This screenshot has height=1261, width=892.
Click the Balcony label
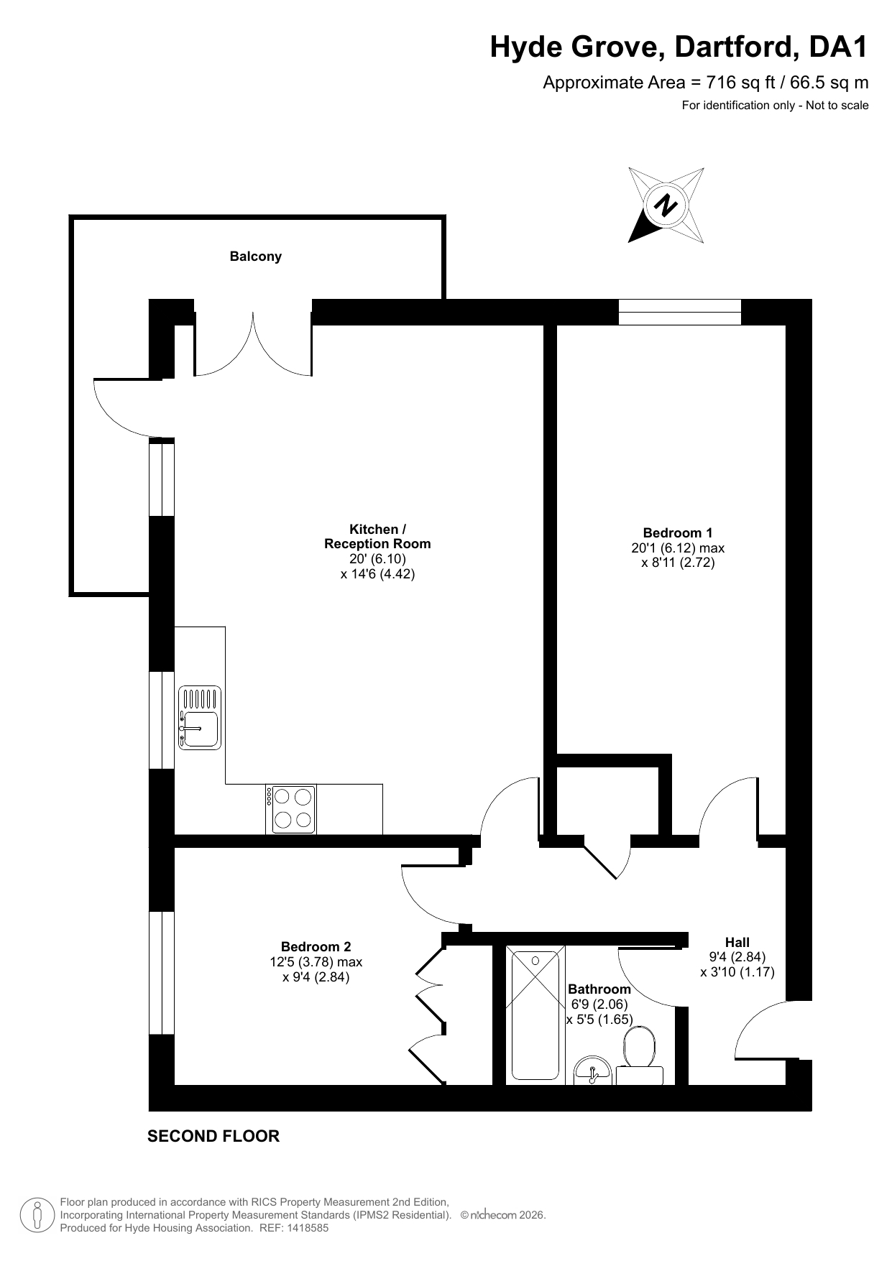(255, 257)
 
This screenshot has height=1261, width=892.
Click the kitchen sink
(200, 718)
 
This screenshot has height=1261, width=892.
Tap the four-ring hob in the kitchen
(290, 808)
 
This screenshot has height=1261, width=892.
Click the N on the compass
(666, 205)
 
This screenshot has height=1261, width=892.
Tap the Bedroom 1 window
(679, 312)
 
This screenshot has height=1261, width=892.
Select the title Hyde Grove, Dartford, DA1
(679, 47)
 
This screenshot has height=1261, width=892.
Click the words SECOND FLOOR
(213, 1136)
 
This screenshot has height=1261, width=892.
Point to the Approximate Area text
(706, 83)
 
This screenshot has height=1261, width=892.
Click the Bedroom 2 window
(162, 973)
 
